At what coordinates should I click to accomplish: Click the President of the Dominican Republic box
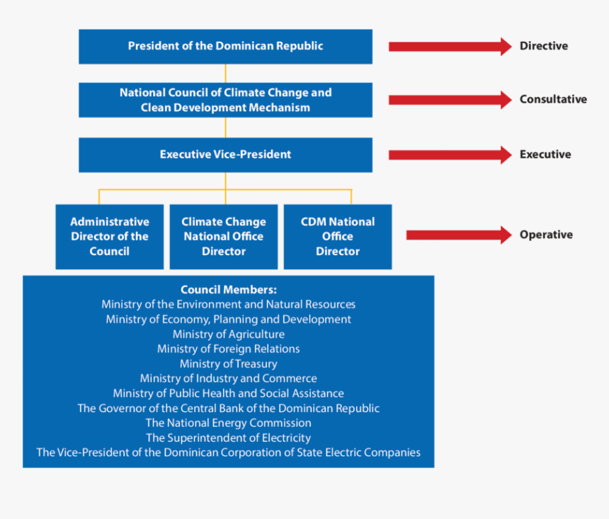click(225, 47)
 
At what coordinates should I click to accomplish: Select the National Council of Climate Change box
click(225, 100)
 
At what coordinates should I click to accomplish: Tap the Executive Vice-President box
click(225, 155)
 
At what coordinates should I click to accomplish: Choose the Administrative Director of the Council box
click(110, 237)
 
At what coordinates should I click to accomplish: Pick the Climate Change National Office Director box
click(224, 237)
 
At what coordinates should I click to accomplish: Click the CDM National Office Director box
click(338, 237)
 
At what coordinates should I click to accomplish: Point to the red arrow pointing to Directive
click(450, 47)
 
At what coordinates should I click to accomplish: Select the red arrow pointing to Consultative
click(450, 100)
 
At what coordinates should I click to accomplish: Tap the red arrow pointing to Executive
click(450, 155)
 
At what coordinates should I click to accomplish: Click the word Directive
click(544, 47)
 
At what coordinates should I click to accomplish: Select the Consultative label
click(553, 100)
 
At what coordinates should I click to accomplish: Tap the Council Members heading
click(229, 290)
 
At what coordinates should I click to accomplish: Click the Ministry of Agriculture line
click(229, 334)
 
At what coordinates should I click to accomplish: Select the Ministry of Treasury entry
click(229, 364)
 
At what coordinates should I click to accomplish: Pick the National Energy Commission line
click(229, 423)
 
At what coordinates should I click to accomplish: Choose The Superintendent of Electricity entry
click(229, 438)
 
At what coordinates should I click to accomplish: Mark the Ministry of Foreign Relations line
click(229, 349)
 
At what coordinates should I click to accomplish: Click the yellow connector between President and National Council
click(226, 74)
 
